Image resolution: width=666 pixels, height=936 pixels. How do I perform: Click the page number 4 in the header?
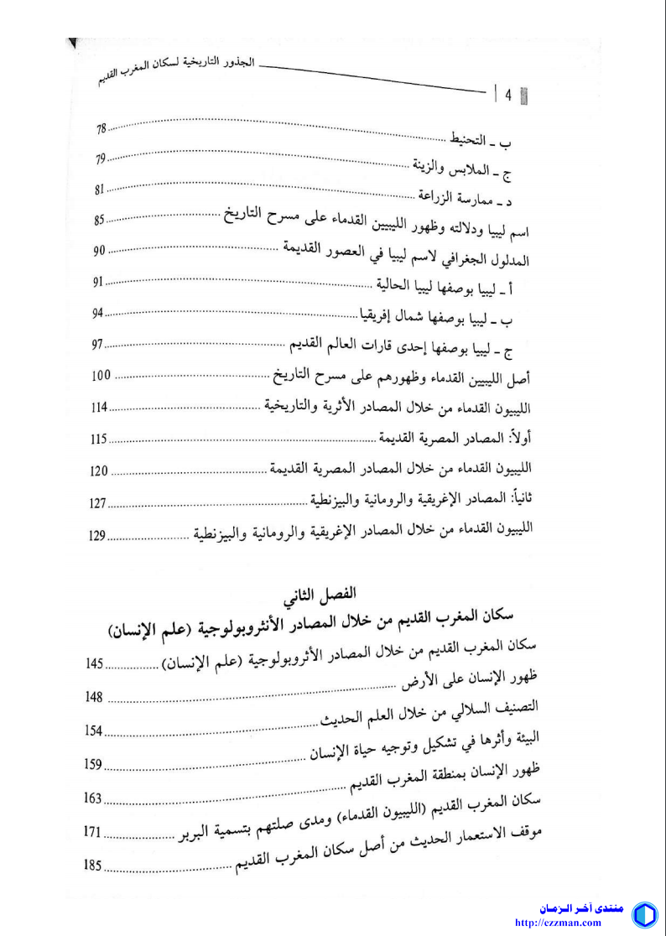(x=508, y=95)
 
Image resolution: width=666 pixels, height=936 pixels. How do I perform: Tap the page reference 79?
(x=101, y=159)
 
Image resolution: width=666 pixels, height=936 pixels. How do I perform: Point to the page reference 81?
(x=101, y=190)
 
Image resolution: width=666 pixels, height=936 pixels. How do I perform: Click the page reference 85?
(x=100, y=220)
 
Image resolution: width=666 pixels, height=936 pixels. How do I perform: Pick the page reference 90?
(x=99, y=251)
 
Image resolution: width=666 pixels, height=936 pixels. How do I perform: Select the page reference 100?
(x=101, y=375)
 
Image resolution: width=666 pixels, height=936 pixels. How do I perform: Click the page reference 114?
(x=100, y=408)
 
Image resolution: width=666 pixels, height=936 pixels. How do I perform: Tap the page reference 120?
(x=98, y=471)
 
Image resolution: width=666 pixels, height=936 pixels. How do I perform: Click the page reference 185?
(x=92, y=863)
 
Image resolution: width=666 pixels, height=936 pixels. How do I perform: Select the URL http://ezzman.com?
(x=569, y=923)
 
